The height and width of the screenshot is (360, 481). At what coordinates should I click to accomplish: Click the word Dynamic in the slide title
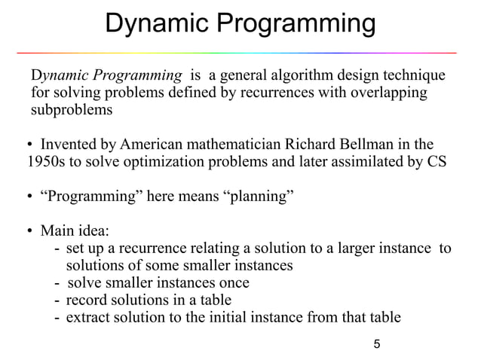point(155,24)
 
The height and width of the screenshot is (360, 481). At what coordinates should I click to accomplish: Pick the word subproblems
point(71,111)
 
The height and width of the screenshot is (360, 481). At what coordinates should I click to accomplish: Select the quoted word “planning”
point(256,197)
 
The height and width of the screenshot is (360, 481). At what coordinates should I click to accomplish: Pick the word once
point(234,283)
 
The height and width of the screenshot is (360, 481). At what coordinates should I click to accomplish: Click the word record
point(87,300)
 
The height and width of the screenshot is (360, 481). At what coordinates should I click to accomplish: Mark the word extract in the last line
point(87,317)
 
